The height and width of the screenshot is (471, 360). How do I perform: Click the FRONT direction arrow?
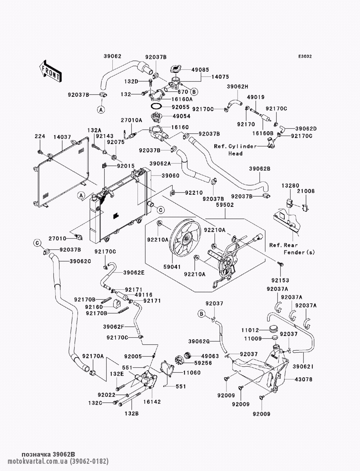tap(50, 71)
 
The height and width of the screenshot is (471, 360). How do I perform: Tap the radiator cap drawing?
tap(176, 69)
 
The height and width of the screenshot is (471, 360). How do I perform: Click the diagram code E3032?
tap(305, 56)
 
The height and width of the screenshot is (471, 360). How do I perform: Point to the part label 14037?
tap(62, 137)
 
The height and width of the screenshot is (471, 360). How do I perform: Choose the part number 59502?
tap(225, 205)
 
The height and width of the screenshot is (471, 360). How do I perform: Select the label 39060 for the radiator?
tap(170, 176)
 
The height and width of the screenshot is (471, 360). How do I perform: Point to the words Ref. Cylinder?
tap(235, 146)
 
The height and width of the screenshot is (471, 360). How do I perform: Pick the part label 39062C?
tap(80, 261)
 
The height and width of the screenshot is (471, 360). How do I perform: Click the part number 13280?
tap(291, 185)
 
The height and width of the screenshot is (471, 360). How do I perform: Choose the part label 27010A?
tap(131, 120)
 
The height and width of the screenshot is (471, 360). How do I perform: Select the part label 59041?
tap(172, 267)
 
